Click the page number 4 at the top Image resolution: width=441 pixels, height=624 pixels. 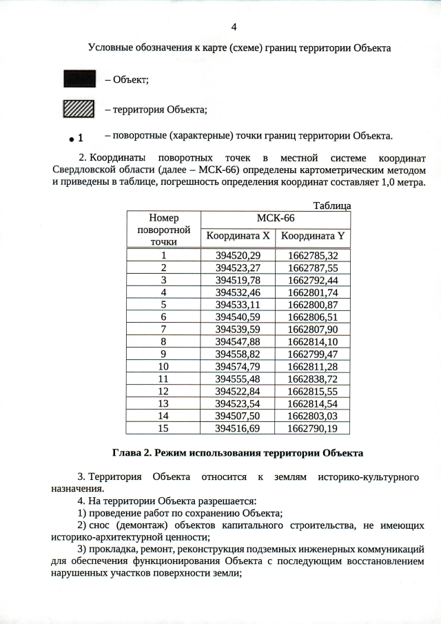[x=234, y=27]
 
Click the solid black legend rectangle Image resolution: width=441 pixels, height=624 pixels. [x=79, y=80]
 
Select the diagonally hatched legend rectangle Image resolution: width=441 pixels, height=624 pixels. [x=79, y=109]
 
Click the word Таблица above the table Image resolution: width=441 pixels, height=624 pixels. [x=331, y=205]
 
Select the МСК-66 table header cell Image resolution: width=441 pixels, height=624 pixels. [x=275, y=218]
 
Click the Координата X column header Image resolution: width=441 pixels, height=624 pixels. [x=237, y=236]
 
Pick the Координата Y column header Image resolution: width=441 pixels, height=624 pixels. [x=312, y=236]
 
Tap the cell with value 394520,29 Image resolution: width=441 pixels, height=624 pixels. [x=237, y=255]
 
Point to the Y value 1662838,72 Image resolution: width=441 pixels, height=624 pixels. [x=312, y=379]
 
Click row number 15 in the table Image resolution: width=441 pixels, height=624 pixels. [x=163, y=428]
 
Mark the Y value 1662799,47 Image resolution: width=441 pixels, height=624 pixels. [x=312, y=354]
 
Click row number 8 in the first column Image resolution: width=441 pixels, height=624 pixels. [x=163, y=341]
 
